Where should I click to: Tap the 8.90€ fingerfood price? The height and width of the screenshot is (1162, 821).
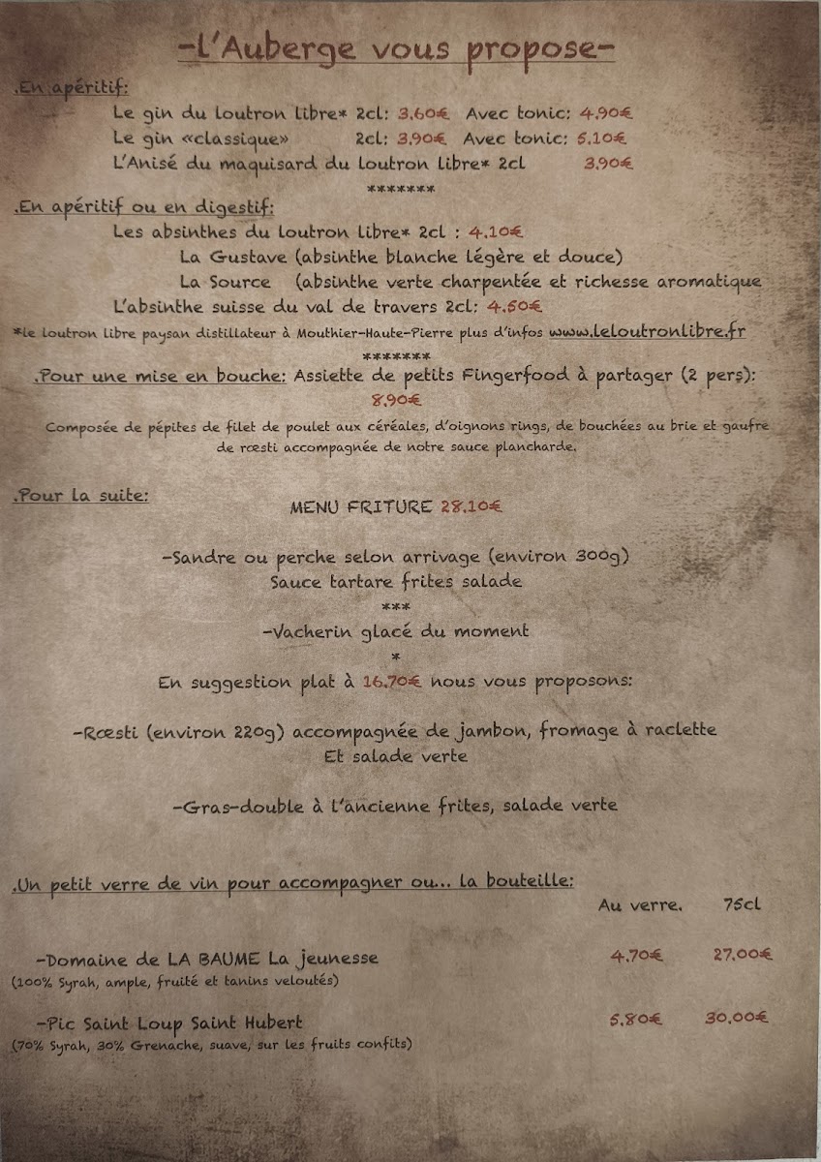tap(397, 398)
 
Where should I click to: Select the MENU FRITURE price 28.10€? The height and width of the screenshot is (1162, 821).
tap(471, 505)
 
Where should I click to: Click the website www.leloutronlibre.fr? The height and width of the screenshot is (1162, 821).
tap(647, 331)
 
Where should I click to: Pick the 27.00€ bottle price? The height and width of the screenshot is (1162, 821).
tap(743, 955)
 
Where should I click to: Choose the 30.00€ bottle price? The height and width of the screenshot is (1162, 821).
tap(737, 1018)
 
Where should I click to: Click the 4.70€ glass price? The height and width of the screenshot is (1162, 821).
tap(636, 956)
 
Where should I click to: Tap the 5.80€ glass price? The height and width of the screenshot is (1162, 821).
tap(636, 1019)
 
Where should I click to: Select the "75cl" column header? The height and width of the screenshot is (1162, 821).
tap(742, 905)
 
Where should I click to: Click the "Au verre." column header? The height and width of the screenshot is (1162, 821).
tap(640, 905)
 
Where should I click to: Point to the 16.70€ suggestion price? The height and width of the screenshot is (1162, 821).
tap(392, 682)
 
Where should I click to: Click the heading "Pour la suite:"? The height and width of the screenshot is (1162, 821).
tap(81, 495)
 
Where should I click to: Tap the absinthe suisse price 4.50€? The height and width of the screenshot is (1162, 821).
tap(515, 307)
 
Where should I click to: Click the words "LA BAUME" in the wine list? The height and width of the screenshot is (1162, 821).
tap(213, 959)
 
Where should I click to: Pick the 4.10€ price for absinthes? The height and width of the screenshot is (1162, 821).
tap(496, 231)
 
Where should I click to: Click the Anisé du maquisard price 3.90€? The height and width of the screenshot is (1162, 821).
tap(608, 164)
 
